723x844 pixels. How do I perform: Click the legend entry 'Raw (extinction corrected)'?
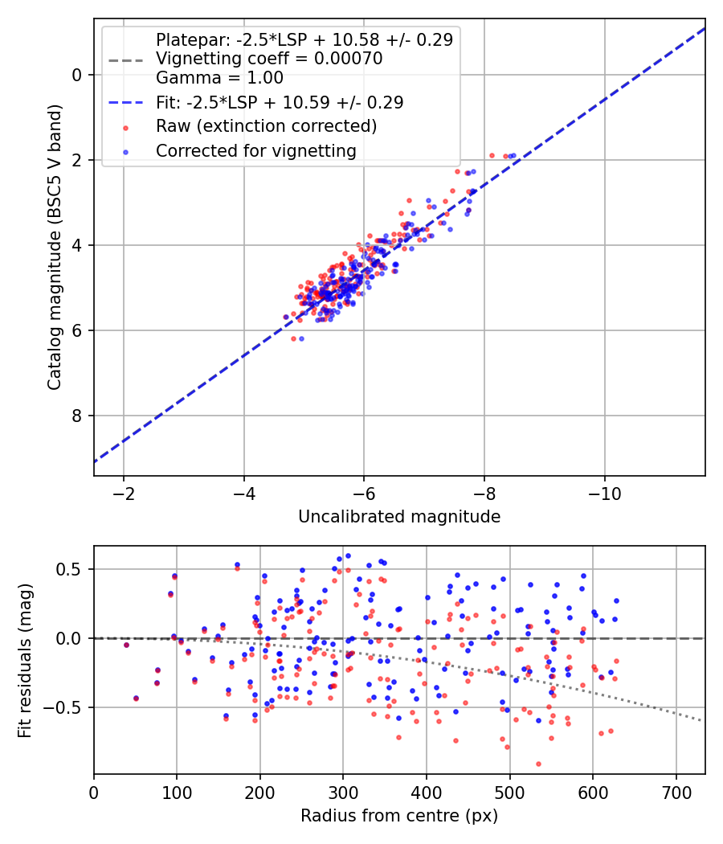pyautogui.click(x=266, y=126)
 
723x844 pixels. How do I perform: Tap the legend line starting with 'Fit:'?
pyautogui.click(x=280, y=102)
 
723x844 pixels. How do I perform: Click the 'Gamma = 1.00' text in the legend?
pyautogui.click(x=219, y=78)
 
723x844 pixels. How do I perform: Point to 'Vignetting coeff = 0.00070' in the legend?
pyautogui.click(x=269, y=59)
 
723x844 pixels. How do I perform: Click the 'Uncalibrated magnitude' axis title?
pyautogui.click(x=399, y=517)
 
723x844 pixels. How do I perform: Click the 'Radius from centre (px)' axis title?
pyautogui.click(x=399, y=816)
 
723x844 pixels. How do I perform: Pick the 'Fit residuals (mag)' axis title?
pyautogui.click(x=24, y=661)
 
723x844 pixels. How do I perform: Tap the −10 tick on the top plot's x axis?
pyautogui.click(x=604, y=493)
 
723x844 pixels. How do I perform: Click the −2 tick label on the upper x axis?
pyautogui.click(x=124, y=493)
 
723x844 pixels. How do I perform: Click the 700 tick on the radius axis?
pyautogui.click(x=676, y=793)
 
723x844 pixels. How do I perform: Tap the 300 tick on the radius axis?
pyautogui.click(x=343, y=793)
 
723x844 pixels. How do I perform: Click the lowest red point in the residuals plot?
pyautogui.click(x=538, y=764)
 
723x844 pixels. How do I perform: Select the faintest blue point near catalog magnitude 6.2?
pyautogui.click(x=301, y=338)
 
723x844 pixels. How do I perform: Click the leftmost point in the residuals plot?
pyautogui.click(x=126, y=645)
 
